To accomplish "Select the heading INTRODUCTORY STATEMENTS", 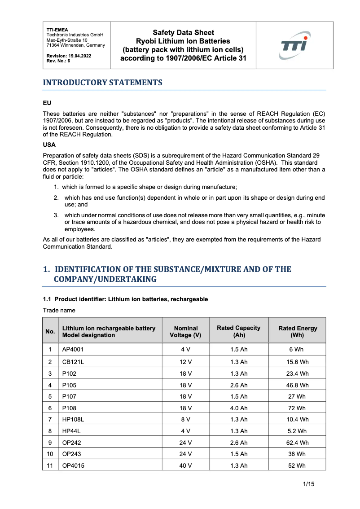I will (x=102, y=83).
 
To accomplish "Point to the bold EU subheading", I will (x=47, y=103).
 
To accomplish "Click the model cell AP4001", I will (x=73, y=350).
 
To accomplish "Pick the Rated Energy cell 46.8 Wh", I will (x=298, y=385).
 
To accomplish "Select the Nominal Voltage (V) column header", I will (x=185, y=332).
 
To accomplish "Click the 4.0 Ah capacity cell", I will (x=238, y=408).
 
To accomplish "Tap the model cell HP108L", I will (x=73, y=420).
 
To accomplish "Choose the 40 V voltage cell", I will (x=185, y=466).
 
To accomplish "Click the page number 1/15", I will (x=308, y=484).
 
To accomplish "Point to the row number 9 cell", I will (x=50, y=443).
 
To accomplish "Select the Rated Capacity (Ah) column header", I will (x=238, y=332).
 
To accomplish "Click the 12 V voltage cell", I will (x=185, y=362).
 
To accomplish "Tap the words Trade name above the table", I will (x=59, y=311).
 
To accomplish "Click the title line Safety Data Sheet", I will (x=183, y=33).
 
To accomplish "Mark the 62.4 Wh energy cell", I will (x=298, y=443).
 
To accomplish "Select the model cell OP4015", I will (x=73, y=466).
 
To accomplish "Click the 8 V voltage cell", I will (x=185, y=420).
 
